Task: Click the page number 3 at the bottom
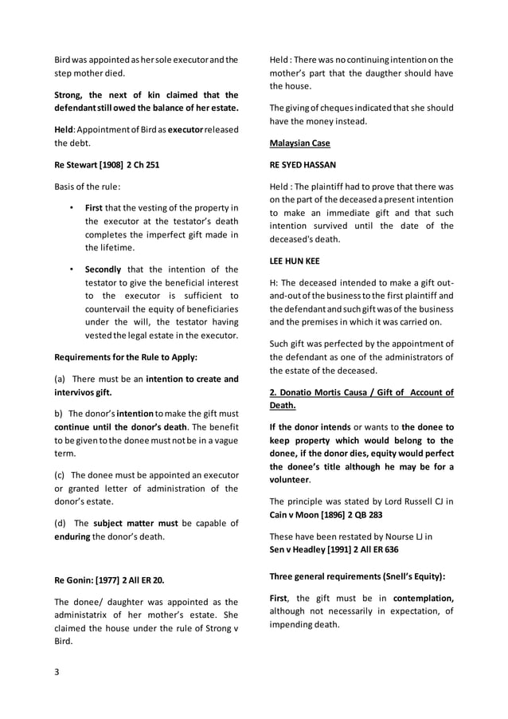pos(57,671)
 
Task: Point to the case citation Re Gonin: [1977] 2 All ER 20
pos(109,578)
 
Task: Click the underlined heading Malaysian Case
pos(299,143)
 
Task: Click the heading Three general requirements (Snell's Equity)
pos(358,576)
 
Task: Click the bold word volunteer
pos(290,481)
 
